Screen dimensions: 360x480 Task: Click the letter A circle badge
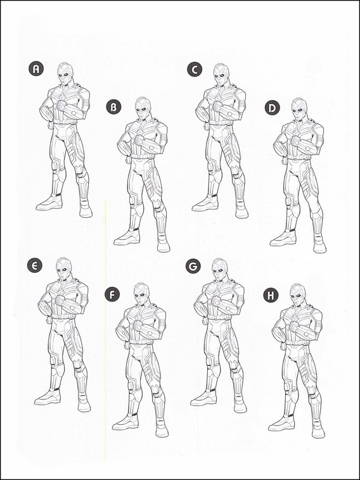pos(36,68)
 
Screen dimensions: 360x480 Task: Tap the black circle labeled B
pos(113,107)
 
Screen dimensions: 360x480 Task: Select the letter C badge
pos(195,69)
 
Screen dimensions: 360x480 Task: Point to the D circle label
pos(273,108)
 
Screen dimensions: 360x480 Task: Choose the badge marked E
pos(35,265)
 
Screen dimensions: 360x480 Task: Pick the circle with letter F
pos(112,294)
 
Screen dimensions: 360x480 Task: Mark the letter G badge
pos(193,266)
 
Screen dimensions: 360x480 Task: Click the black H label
pos(271,295)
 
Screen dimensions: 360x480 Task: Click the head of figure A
pos(65,74)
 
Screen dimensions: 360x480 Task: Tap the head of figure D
pos(299,110)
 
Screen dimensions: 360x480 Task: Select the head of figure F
pos(141,294)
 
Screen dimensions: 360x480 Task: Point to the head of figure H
pos(298,295)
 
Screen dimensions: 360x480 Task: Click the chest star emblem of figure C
pos(221,99)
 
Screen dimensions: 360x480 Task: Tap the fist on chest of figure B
pos(139,141)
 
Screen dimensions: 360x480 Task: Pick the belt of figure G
pos(220,317)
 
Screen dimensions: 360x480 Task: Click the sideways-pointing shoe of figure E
pos(48,397)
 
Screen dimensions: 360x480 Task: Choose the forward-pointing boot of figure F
pos(162,428)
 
